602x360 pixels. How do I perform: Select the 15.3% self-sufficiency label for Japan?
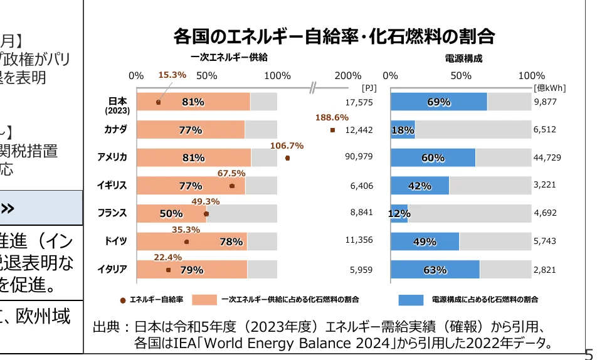click(x=172, y=75)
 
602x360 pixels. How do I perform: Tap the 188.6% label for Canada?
click(x=332, y=117)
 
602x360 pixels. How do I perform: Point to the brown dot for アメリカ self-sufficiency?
click(x=287, y=158)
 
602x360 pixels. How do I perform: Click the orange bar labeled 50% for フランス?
click(x=171, y=213)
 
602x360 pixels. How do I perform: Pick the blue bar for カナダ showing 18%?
click(x=403, y=130)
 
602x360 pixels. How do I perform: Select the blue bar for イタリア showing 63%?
click(x=435, y=270)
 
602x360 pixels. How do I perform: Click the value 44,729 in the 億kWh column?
click(x=547, y=157)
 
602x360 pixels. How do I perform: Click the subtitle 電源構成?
click(x=463, y=59)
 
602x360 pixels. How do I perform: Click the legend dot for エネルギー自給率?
click(x=123, y=300)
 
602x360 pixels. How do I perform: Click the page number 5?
click(x=588, y=354)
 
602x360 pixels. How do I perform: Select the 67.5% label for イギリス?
click(x=231, y=173)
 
